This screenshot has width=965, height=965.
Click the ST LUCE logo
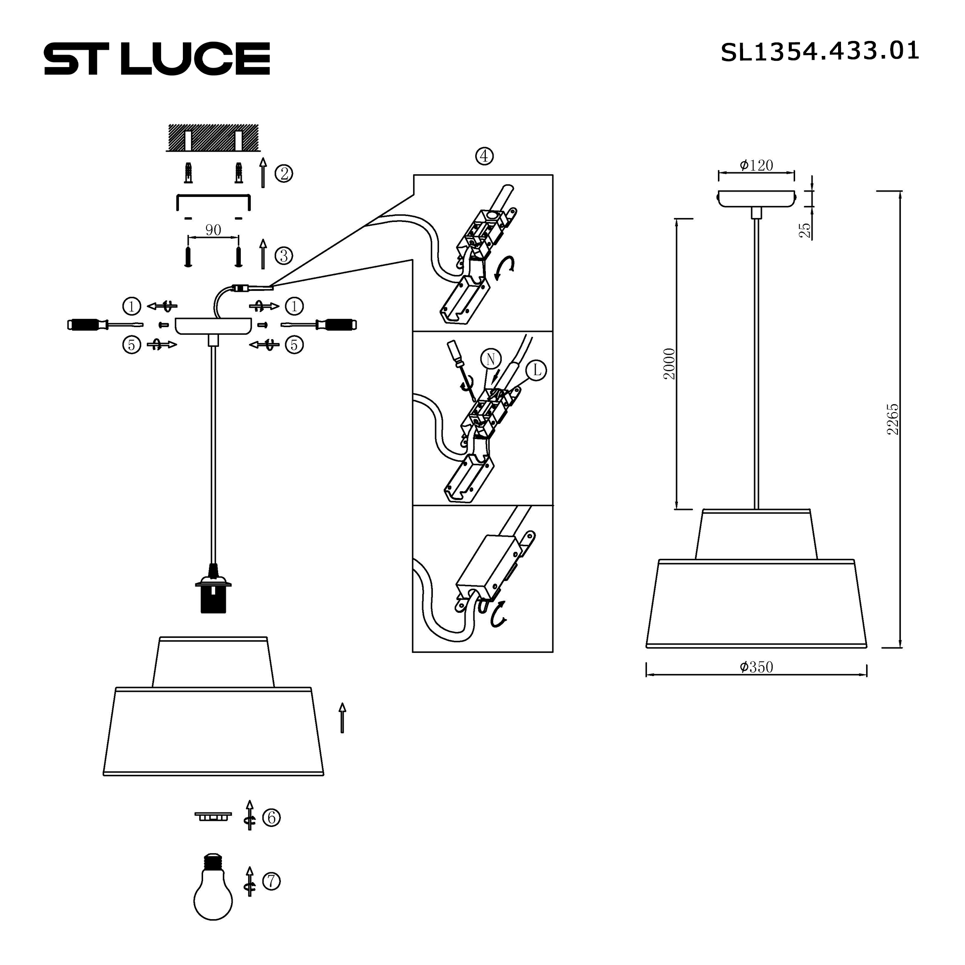(157, 58)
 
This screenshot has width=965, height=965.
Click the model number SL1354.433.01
(819, 52)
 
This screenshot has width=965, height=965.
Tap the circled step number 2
(284, 174)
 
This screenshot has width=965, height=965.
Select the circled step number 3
(284, 256)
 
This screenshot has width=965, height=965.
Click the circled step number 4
(484, 156)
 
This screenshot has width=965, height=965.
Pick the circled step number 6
(271, 818)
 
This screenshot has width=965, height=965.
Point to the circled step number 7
(271, 881)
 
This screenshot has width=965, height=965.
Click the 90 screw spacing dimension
(213, 230)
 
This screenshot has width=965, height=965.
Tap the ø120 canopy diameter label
(756, 165)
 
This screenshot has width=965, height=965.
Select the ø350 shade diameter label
(756, 667)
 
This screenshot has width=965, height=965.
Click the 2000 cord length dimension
(669, 364)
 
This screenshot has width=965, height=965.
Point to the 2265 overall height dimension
(893, 420)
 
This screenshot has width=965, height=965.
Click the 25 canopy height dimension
(805, 230)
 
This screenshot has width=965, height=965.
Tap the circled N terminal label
(491, 358)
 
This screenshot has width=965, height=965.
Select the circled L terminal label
(537, 370)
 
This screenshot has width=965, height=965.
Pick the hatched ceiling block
(213, 138)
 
